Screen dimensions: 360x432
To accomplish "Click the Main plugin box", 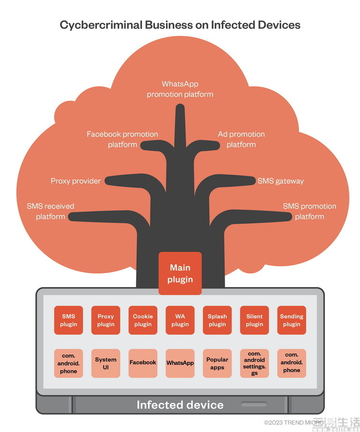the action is click(x=180, y=273).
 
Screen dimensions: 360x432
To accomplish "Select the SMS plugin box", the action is click(x=68, y=320).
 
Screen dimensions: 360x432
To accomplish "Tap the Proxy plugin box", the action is click(x=106, y=320).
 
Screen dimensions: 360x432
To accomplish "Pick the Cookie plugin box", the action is click(x=143, y=320).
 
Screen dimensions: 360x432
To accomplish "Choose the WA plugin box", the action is click(x=180, y=320).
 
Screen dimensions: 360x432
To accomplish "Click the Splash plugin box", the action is click(x=217, y=320).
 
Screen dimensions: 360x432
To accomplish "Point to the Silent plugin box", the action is click(x=254, y=320).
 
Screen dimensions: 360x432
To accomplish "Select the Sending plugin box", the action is click(x=291, y=320).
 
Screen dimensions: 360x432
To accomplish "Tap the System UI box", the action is click(x=106, y=363).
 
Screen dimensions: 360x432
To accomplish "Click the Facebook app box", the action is click(x=143, y=363).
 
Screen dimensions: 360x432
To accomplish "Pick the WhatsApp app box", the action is click(x=180, y=363).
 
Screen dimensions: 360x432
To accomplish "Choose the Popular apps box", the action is click(x=217, y=363).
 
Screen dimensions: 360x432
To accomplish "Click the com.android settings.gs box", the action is click(x=254, y=363).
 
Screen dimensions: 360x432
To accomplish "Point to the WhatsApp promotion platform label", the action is click(x=180, y=89).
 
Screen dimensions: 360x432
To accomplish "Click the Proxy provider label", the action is click(x=76, y=181).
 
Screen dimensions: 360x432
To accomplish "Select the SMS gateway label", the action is click(x=281, y=181).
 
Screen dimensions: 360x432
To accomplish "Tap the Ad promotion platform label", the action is click(x=241, y=139).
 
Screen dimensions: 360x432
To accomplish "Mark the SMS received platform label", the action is click(x=50, y=211).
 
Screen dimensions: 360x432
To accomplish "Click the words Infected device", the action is click(x=180, y=405).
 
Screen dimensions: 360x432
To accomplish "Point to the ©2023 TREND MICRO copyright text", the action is click(x=294, y=422).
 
